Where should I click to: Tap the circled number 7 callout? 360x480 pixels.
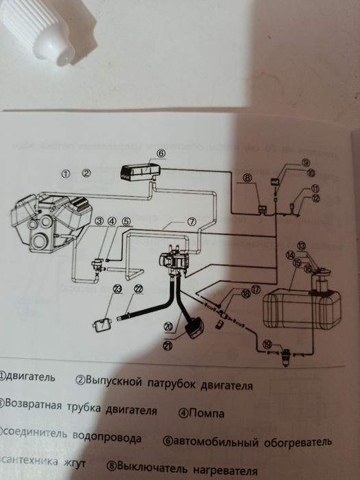click(x=192, y=221)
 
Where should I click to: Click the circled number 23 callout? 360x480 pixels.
click(x=117, y=289)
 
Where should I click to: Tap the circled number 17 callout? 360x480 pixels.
click(x=255, y=290)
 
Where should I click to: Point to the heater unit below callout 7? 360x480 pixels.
click(x=173, y=263)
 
